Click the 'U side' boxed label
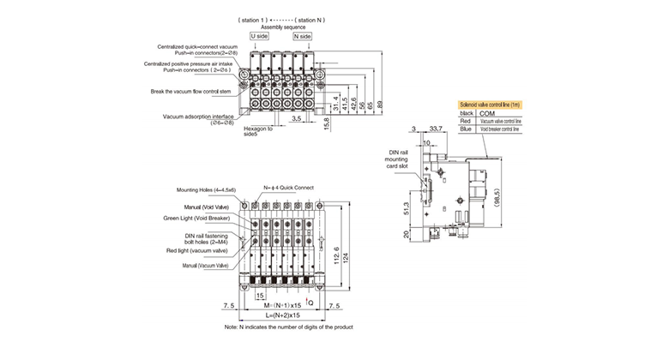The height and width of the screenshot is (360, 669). (258, 36)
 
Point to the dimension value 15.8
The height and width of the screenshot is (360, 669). (326, 125)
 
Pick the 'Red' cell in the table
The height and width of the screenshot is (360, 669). (467, 122)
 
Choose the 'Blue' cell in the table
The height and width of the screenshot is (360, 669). (467, 129)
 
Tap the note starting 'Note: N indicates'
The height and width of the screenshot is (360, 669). (288, 327)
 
